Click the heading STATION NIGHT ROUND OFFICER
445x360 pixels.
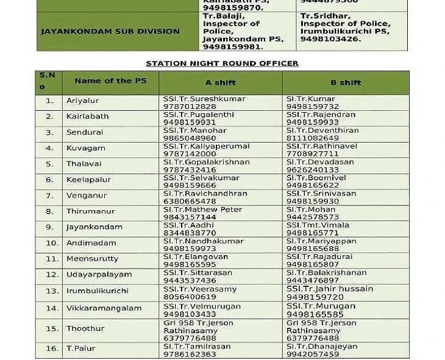[x=222, y=63]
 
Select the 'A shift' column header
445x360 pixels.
[x=220, y=83]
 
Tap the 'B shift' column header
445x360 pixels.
[x=346, y=83]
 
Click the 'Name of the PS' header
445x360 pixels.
[x=102, y=81]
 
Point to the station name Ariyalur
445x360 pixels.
[x=82, y=101]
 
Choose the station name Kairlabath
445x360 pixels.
[x=87, y=116]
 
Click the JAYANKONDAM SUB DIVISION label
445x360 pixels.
[x=110, y=31]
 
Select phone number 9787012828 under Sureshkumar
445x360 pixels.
[x=190, y=107]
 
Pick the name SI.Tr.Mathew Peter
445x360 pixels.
[x=202, y=210]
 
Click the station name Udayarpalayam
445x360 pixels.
[x=99, y=275]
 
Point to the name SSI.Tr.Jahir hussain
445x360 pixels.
[x=330, y=289]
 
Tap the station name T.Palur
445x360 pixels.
[x=80, y=348]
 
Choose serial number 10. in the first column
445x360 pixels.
[x=52, y=243]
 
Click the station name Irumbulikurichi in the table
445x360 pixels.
[x=97, y=291]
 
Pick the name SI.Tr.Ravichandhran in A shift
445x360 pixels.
[x=205, y=194]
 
